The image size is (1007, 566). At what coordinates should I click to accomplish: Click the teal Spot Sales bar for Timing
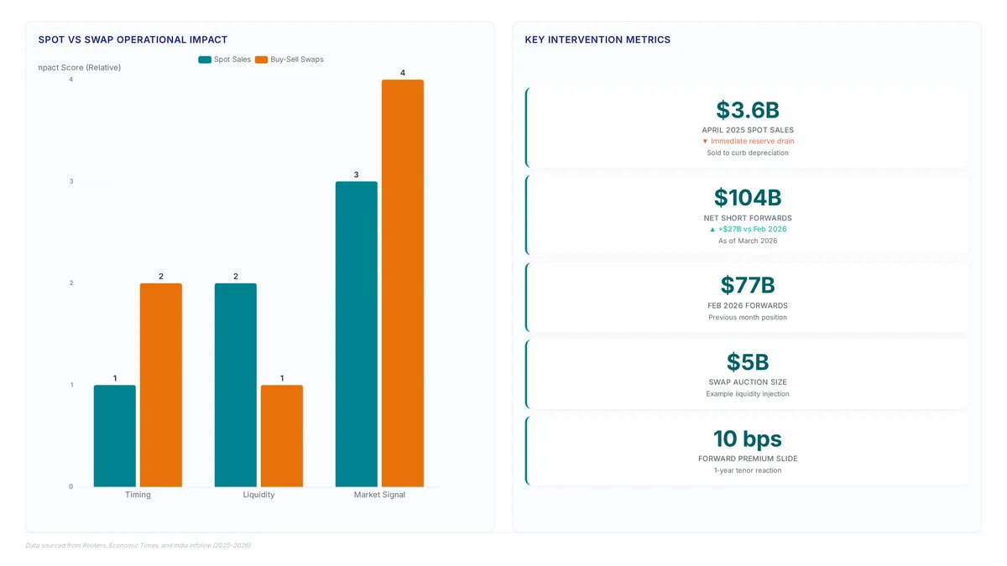pos(115,436)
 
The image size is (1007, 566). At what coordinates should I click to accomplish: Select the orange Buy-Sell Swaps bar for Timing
pos(161,385)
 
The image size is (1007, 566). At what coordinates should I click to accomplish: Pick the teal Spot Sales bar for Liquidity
pos(236,385)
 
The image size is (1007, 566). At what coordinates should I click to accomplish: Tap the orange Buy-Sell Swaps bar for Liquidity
pos(282,436)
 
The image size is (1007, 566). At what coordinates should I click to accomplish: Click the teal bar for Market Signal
pos(357,335)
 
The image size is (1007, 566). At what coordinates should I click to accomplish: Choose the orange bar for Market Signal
pos(403,283)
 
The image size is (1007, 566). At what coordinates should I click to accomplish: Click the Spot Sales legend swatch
pos(205,60)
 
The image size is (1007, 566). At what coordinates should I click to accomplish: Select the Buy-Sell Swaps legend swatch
pos(261,60)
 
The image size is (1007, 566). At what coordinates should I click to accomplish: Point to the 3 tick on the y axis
pos(71,181)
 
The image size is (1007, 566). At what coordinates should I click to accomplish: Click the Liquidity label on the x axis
pos(258,495)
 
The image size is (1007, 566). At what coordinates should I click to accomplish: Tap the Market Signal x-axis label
pos(379,495)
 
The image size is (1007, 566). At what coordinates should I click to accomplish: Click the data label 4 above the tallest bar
pos(403,73)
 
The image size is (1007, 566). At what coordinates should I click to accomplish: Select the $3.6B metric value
pos(748,110)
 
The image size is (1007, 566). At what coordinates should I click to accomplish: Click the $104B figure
pos(748,198)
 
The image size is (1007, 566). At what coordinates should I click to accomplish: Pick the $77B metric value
pos(748,285)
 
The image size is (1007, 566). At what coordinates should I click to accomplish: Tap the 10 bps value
pos(748,439)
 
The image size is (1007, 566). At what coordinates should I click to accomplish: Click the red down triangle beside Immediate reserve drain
pos(705,142)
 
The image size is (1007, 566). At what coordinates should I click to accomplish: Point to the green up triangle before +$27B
pos(712,230)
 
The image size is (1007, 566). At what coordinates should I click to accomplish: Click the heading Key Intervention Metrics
pos(597,39)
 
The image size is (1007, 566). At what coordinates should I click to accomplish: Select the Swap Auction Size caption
pos(748,382)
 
